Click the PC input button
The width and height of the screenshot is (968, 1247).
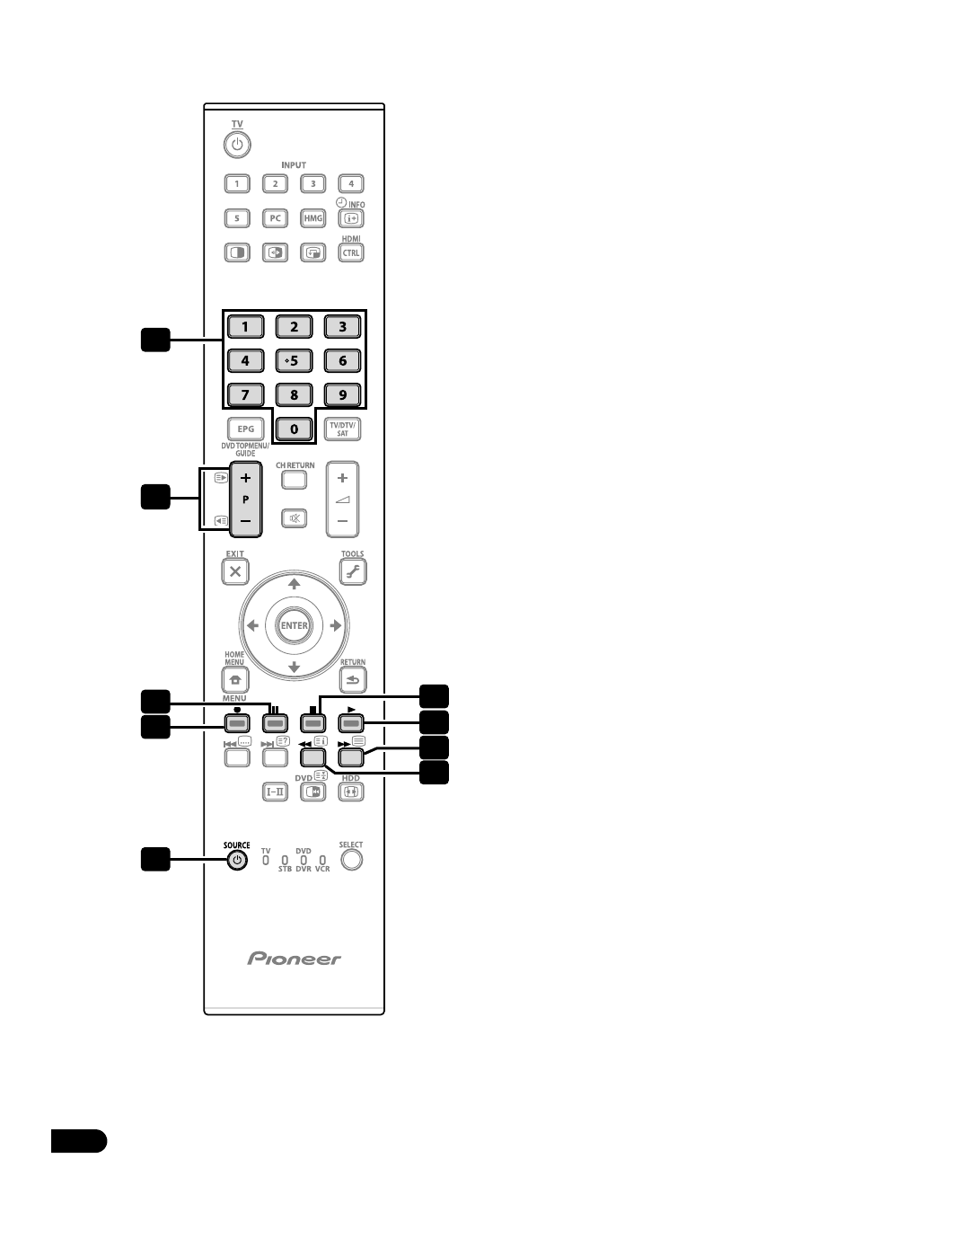click(275, 218)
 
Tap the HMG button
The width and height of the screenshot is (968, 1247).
click(312, 218)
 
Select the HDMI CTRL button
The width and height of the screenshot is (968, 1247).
click(350, 252)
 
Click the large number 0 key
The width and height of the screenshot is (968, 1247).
click(294, 429)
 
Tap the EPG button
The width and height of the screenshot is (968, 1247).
click(245, 429)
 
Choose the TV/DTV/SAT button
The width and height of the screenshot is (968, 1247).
click(342, 429)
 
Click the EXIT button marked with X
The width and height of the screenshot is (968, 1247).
click(235, 571)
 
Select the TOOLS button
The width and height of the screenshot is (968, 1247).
click(352, 571)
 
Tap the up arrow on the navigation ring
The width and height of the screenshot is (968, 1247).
click(294, 585)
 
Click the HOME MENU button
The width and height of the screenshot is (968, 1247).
click(235, 680)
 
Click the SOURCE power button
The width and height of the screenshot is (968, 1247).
click(236, 860)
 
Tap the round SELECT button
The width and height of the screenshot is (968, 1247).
click(351, 860)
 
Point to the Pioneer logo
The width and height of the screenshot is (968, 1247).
click(295, 959)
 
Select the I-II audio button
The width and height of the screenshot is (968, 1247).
click(275, 792)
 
